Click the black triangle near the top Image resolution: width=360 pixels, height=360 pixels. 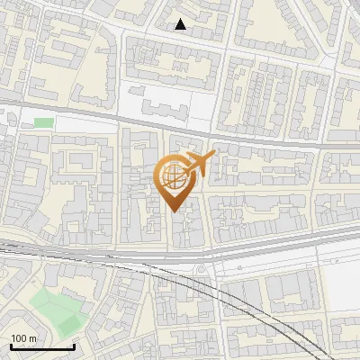tap(181, 24)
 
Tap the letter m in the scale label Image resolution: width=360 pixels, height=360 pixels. tap(33, 338)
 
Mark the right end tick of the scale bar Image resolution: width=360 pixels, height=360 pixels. tap(75, 345)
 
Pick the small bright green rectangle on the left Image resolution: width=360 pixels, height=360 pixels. tap(43, 121)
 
